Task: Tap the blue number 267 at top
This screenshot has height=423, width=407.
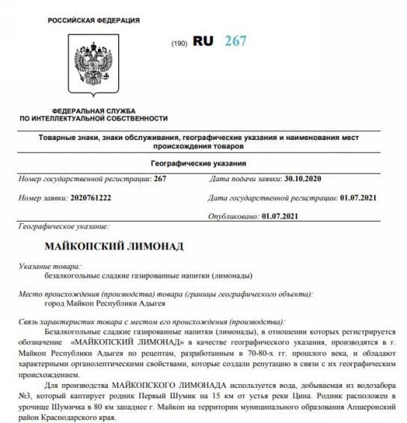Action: click(x=235, y=41)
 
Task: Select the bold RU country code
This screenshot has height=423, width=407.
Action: click(x=203, y=41)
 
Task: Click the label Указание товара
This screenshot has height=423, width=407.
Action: click(x=51, y=266)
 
